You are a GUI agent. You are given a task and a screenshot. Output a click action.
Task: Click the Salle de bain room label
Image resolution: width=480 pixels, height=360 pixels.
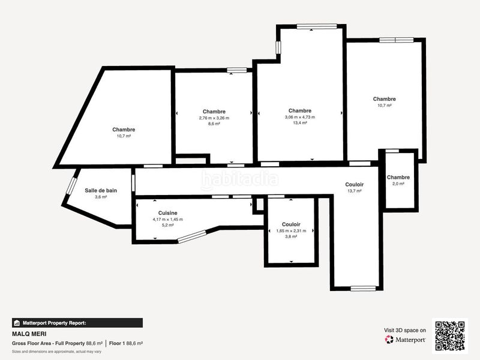pyautogui.click(x=101, y=190)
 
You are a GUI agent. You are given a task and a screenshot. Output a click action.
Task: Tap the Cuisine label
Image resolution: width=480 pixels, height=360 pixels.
pyautogui.click(x=168, y=213)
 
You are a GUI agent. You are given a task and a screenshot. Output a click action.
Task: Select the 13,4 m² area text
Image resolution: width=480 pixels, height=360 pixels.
pyautogui.click(x=300, y=123)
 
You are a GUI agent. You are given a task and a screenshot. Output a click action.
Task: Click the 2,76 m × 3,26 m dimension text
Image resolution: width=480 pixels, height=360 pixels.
pyautogui.click(x=214, y=118)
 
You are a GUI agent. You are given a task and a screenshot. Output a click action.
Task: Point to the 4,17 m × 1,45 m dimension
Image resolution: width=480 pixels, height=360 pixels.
pyautogui.click(x=168, y=219)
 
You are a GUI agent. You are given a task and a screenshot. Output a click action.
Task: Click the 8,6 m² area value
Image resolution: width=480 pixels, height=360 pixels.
pyautogui.click(x=214, y=124)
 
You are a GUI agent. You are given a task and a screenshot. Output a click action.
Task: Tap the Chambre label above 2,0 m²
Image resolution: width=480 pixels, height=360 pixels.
pyautogui.click(x=398, y=177)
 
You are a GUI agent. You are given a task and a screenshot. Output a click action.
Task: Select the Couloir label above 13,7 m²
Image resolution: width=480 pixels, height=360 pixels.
pyautogui.click(x=355, y=184)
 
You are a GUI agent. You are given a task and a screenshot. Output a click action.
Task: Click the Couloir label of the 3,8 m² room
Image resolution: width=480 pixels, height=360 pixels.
pyautogui.click(x=291, y=224)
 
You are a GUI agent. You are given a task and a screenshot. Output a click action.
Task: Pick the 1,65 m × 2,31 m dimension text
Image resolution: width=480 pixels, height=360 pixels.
pyautogui.click(x=291, y=231)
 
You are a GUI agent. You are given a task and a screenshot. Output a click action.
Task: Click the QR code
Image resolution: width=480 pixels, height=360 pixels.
pyautogui.click(x=450, y=336)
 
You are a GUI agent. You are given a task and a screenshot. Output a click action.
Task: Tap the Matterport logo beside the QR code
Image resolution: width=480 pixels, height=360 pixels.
pyautogui.click(x=405, y=340)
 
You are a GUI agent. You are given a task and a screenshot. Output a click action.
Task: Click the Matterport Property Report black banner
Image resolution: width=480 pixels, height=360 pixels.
pyautogui.click(x=77, y=323)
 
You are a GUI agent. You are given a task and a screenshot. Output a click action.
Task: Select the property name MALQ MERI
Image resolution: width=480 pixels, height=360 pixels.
pyautogui.click(x=29, y=334)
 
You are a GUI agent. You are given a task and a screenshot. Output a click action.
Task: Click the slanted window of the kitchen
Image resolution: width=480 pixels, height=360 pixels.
pyautogui.click(x=193, y=236)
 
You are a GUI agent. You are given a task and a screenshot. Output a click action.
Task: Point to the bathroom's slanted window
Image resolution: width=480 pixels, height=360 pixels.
pyautogui.click(x=71, y=185)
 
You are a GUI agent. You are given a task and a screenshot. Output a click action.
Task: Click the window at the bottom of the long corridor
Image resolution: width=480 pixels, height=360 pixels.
pyautogui.click(x=363, y=289)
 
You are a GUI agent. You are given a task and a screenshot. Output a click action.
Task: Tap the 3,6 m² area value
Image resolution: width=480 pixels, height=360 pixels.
pyautogui.click(x=101, y=197)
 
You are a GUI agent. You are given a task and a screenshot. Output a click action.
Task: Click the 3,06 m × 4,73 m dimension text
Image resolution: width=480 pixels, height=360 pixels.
pyautogui.click(x=300, y=117)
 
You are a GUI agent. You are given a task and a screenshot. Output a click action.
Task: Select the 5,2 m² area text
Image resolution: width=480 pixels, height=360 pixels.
pyautogui.click(x=168, y=225)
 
